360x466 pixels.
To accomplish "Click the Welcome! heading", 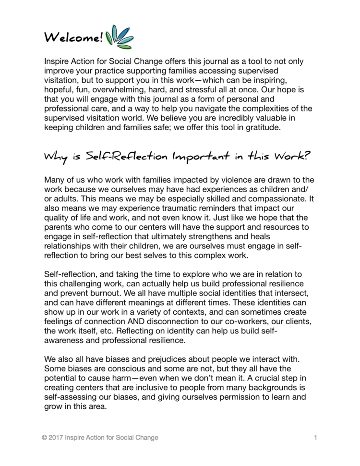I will [x=73, y=37].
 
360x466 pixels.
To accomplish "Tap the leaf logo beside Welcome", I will [x=120, y=37].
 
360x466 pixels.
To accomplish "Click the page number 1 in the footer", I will [x=315, y=438].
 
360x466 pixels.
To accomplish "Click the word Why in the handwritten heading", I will [x=52, y=158].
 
